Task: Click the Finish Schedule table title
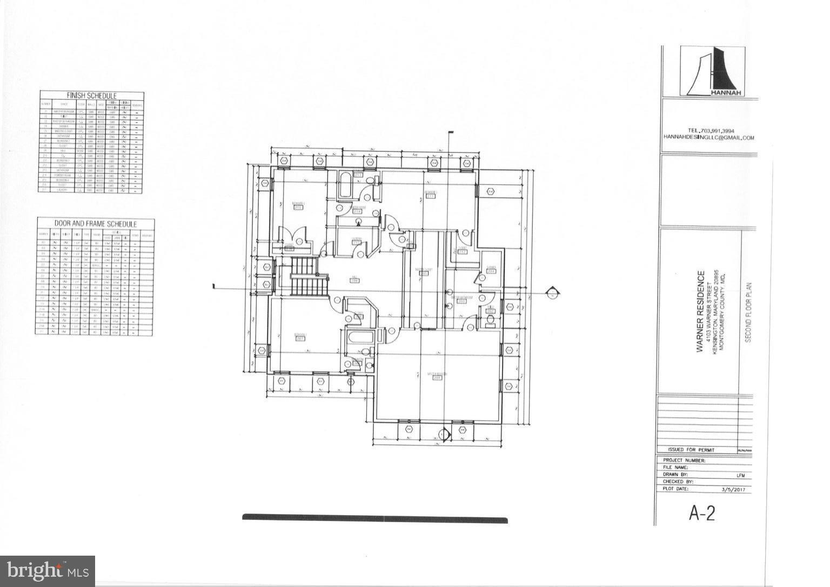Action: (x=91, y=96)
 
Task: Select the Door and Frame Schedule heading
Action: (x=96, y=224)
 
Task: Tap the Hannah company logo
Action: (x=712, y=71)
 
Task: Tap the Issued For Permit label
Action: (x=691, y=450)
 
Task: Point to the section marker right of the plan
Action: (x=552, y=294)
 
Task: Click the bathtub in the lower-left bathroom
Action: (x=361, y=338)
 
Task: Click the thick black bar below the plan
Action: (x=374, y=519)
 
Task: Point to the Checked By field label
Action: (x=678, y=482)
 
